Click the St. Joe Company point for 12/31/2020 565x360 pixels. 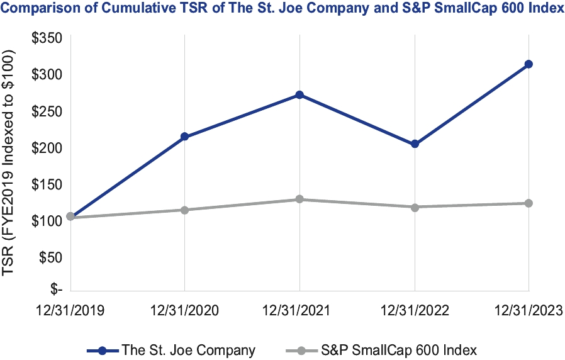coord(184,137)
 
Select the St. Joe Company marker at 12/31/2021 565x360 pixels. coord(299,95)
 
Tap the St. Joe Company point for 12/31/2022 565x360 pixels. coord(415,144)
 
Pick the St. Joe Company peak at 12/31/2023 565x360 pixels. coord(529,64)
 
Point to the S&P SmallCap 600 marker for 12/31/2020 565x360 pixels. coord(184,210)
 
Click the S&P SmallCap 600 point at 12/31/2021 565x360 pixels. coord(299,200)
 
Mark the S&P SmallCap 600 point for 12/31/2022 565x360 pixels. coord(415,207)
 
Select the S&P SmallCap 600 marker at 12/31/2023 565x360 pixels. coord(529,203)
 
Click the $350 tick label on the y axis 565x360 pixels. coord(47,38)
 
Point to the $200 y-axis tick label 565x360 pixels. coord(47,147)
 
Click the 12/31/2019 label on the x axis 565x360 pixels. coord(69,310)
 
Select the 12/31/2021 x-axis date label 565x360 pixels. coord(299,310)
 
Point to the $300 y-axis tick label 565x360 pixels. coord(47,74)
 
